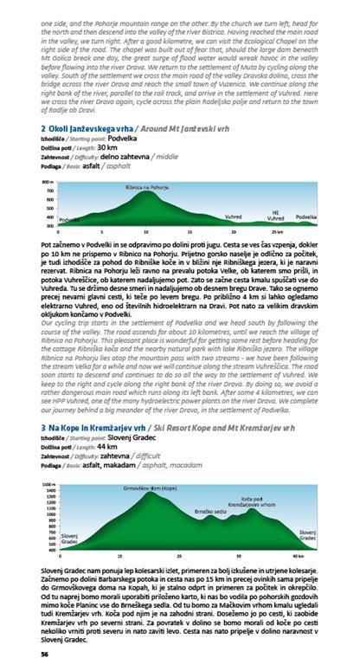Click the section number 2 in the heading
point(43,129)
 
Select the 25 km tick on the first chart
point(276,232)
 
